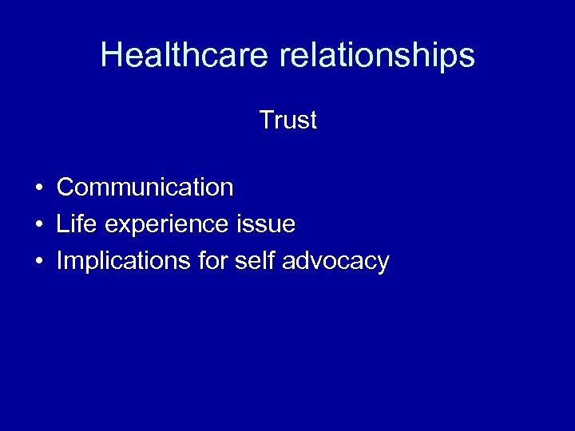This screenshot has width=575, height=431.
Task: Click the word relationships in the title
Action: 377,55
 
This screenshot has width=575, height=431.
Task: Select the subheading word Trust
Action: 287,121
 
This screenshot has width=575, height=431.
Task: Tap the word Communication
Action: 145,188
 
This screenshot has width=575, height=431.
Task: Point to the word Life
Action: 72,224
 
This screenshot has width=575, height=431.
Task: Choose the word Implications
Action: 118,262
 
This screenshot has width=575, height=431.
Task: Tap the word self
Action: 250,261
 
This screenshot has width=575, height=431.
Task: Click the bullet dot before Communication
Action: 38,188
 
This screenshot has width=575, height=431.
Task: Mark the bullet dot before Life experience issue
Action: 38,225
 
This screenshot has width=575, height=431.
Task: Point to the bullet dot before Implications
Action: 38,262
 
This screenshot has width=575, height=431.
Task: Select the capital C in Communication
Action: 65,188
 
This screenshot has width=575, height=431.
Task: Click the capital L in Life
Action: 61,224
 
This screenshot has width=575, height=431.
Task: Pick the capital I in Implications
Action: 59,261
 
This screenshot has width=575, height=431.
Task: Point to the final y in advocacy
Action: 383,263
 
